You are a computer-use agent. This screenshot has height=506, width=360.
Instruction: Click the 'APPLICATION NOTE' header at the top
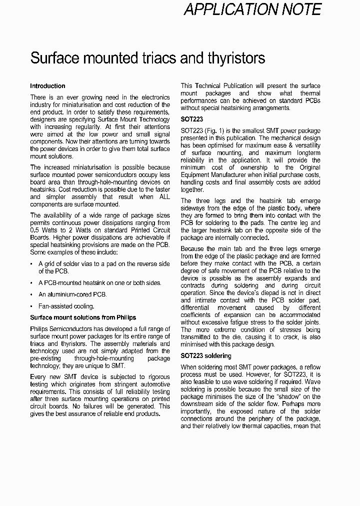(252, 9)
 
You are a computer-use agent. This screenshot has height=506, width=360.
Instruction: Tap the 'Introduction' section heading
(47, 86)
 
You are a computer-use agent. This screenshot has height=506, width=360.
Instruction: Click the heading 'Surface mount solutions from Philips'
(83, 317)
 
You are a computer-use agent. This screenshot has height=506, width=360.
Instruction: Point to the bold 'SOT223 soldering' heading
(206, 356)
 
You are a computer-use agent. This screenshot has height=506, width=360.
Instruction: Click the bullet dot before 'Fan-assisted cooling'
(32, 306)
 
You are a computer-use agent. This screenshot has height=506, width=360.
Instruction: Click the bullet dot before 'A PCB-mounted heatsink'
(32, 283)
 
